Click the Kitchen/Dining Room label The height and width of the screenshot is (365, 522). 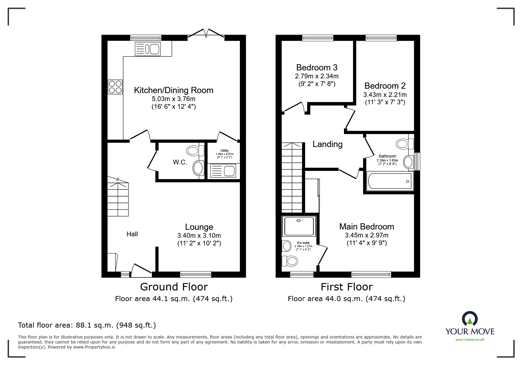[174, 90]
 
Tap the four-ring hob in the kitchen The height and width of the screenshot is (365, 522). [115, 87]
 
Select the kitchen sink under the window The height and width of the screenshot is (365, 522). [148, 49]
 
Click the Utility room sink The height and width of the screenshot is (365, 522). [223, 171]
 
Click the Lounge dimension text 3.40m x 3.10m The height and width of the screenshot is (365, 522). [199, 236]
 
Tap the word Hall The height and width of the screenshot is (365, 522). [132, 234]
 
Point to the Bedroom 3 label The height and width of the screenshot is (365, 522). [317, 67]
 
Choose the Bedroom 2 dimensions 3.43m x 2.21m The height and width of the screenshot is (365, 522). [385, 95]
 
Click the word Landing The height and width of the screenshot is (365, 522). [327, 144]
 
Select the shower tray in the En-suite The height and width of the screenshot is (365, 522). [299, 226]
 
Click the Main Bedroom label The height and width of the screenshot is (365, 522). [366, 227]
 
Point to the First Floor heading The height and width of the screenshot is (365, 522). [347, 287]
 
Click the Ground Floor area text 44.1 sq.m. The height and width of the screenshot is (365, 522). [174, 299]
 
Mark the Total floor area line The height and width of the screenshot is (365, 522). [87, 325]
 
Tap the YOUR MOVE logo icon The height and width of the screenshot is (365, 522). [470, 319]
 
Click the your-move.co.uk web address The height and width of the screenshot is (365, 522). [470, 340]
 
